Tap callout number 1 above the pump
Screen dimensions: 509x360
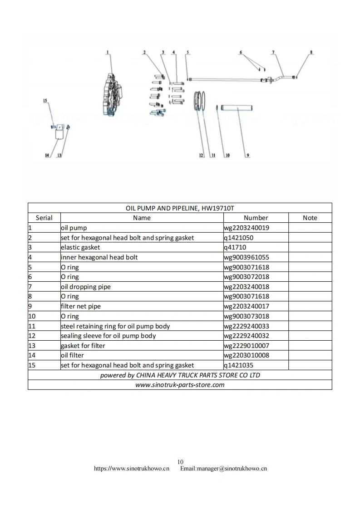(x=108, y=53)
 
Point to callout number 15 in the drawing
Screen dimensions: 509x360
(x=45, y=100)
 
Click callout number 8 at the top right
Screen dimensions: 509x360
(x=311, y=52)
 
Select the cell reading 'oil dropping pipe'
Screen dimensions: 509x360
(x=86, y=287)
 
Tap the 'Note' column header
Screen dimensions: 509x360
(x=310, y=218)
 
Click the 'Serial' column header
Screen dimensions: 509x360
(x=44, y=218)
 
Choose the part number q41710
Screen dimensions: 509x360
(x=235, y=247)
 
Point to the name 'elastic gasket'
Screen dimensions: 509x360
(x=80, y=247)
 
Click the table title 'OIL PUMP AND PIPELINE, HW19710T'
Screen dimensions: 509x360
(x=180, y=208)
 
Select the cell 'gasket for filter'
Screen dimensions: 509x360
(x=83, y=346)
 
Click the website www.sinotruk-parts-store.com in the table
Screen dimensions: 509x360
(x=180, y=385)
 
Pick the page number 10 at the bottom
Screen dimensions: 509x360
(x=180, y=462)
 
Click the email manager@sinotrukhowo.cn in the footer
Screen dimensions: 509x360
(x=223, y=469)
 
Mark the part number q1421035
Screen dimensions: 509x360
(x=238, y=365)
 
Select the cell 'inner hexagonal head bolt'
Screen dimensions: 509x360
(x=99, y=257)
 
